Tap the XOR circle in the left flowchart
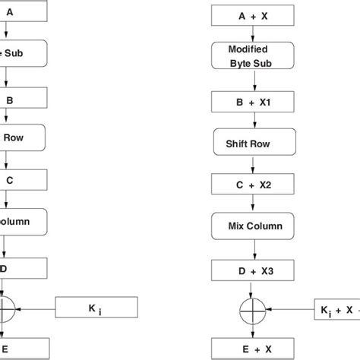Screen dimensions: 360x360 7,308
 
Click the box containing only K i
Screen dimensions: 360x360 96,308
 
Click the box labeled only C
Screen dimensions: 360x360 23,182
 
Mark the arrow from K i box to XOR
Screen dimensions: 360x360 38,308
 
